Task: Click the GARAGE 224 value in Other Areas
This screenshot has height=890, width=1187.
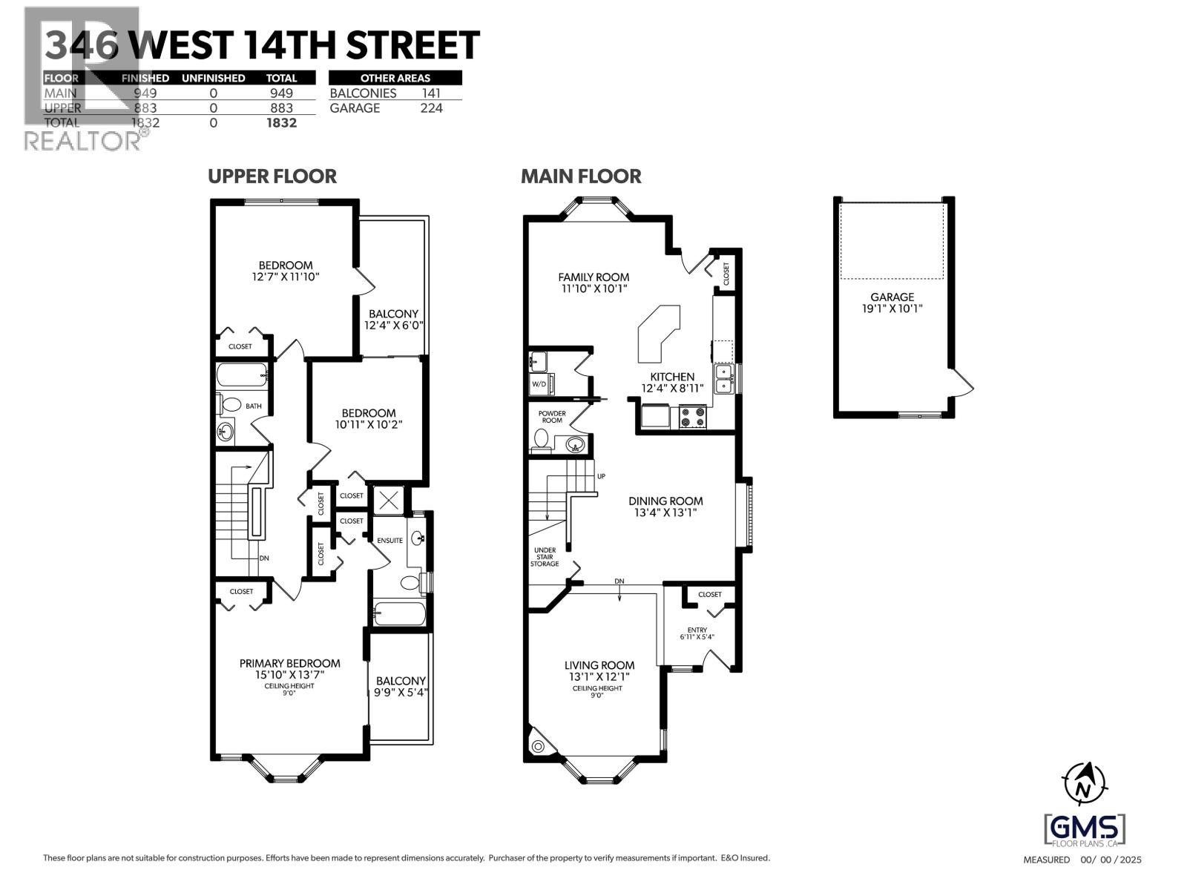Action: pos(430,108)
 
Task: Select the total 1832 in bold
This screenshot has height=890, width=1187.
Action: pos(281,123)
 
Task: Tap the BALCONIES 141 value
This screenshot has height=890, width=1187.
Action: pos(430,93)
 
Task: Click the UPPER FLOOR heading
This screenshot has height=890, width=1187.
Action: pos(272,177)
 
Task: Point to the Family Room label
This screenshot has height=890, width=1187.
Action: pos(593,277)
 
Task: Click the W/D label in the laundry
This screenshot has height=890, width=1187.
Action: pos(539,384)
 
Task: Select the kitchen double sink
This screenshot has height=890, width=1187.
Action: pos(724,378)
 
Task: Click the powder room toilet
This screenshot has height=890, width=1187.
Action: pos(541,442)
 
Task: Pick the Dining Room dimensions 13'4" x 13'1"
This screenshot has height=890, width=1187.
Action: pos(665,512)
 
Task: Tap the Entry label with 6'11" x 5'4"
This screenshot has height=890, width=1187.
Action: pos(697,633)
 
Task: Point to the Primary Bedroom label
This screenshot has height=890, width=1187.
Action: pos(289,663)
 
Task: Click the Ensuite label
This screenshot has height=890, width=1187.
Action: pos(389,540)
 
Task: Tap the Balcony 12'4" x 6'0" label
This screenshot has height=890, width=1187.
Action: pos(393,319)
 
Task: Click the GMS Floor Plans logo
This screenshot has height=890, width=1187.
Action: pos(1084,829)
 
